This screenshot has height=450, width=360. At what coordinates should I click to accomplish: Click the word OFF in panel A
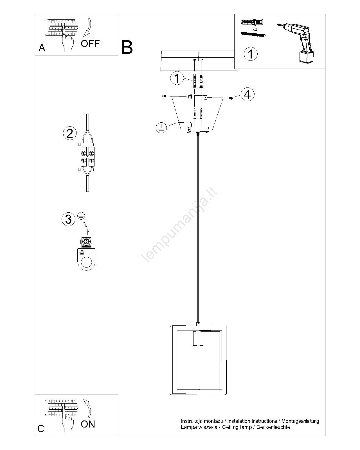[x=90, y=44]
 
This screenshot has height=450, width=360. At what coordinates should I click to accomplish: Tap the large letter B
[x=127, y=47]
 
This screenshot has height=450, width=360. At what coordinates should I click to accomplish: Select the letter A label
[x=42, y=48]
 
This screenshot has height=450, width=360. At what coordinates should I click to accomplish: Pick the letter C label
[x=41, y=429]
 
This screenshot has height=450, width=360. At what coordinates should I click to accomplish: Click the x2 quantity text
[x=255, y=30]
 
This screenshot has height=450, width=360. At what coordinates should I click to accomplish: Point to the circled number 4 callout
[x=247, y=94]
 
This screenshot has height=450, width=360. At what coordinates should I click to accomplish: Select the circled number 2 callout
[x=70, y=133]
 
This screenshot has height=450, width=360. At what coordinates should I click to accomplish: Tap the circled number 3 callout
[x=68, y=219]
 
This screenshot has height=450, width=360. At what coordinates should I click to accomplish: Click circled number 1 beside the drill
[x=251, y=54]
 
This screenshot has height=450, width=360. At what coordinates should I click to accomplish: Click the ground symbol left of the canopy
[x=161, y=128]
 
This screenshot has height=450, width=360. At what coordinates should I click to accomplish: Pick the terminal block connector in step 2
[x=87, y=157]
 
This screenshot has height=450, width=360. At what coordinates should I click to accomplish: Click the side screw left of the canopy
[x=164, y=96]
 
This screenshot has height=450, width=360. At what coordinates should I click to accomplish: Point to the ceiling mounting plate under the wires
[x=198, y=130]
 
